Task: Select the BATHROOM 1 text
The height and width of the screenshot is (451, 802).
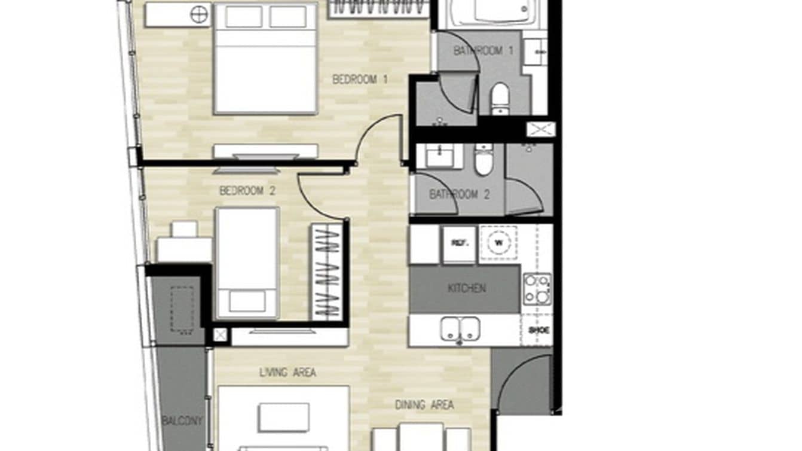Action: click(483, 51)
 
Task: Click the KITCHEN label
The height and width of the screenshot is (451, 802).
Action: click(467, 288)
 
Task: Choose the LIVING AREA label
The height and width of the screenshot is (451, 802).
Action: click(287, 373)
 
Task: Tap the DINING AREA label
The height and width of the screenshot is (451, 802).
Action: click(424, 405)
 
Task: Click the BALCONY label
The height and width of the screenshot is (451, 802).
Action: click(182, 421)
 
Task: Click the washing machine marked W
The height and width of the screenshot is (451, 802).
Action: click(499, 243)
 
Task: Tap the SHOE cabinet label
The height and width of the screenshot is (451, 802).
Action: click(538, 330)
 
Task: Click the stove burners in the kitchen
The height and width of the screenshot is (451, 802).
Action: click(537, 289)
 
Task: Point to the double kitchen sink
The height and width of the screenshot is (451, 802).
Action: click(460, 330)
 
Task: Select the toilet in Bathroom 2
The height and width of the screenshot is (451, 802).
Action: click(484, 160)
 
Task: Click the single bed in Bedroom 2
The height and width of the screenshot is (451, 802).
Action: click(247, 263)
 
